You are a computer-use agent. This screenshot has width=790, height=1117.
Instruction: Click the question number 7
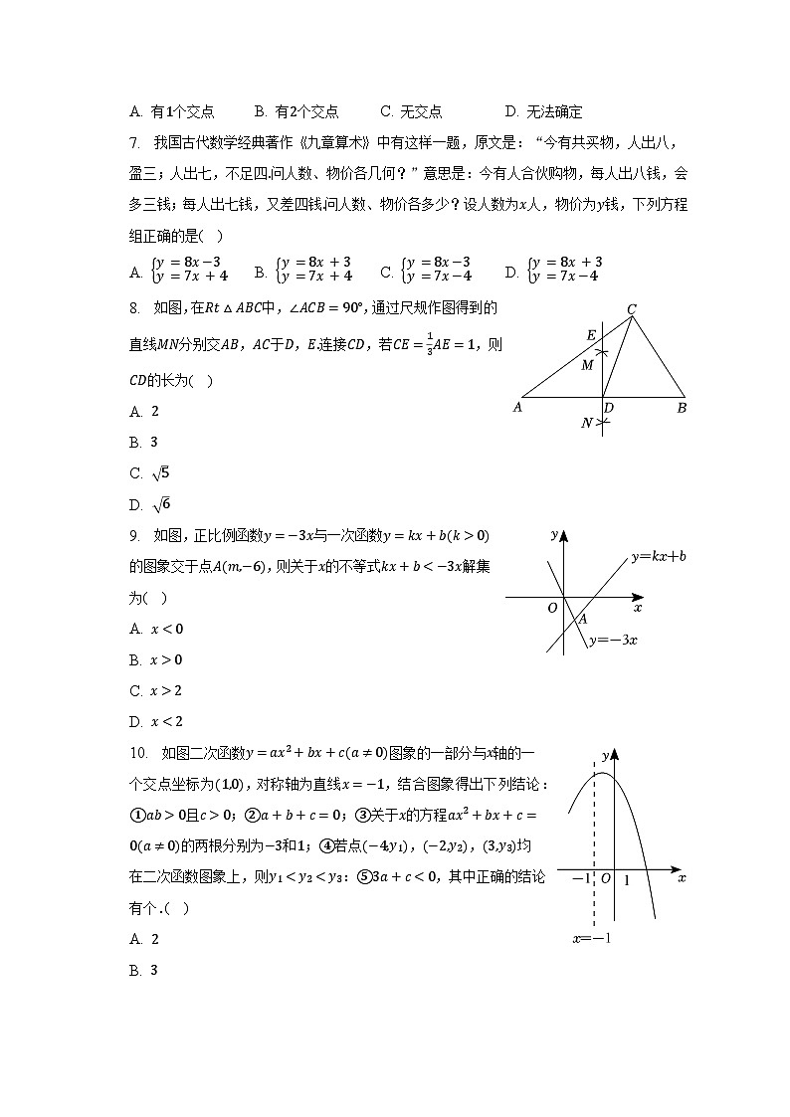point(134,143)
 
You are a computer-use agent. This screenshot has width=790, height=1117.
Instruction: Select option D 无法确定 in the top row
point(543,112)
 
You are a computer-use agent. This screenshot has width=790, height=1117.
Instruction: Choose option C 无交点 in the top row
point(411,112)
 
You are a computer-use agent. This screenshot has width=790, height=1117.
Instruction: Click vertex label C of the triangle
point(631,309)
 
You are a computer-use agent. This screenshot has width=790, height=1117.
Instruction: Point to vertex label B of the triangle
point(682,408)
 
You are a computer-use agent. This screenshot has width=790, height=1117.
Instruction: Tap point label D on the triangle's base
point(609,409)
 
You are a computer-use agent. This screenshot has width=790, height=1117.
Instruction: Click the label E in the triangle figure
point(591,335)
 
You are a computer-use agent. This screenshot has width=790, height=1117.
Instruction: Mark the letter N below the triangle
point(587,424)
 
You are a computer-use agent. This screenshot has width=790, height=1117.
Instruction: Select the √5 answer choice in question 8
point(156,473)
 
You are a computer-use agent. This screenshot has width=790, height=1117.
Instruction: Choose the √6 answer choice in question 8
point(156,504)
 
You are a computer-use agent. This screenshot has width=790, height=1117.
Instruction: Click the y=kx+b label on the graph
point(659,557)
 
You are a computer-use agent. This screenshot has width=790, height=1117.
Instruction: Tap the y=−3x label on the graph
point(613,640)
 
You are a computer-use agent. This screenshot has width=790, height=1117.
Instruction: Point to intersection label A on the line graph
point(582,619)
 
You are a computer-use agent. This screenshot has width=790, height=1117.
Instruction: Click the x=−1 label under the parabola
point(591,938)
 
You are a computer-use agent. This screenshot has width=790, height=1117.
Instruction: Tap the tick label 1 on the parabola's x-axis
point(626,880)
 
